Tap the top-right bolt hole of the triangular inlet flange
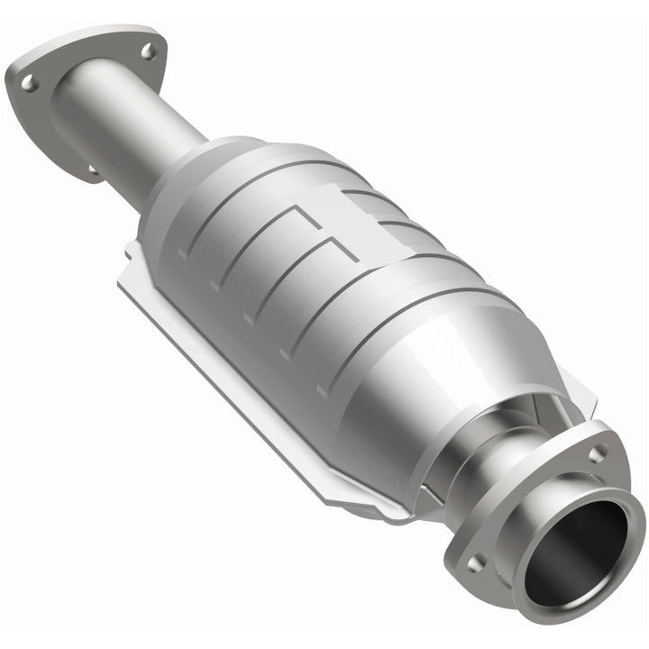pyautogui.click(x=150, y=51)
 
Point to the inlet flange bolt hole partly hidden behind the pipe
pyautogui.click(x=93, y=168)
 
